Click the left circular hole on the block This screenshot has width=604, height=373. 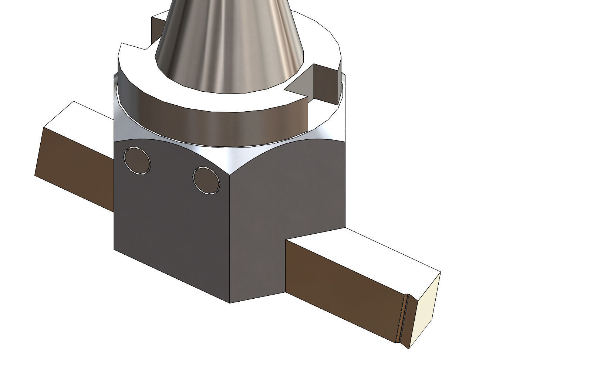tap(138, 160)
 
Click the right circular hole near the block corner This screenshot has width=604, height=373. tap(206, 180)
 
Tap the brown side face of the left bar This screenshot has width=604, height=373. tap(74, 166)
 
